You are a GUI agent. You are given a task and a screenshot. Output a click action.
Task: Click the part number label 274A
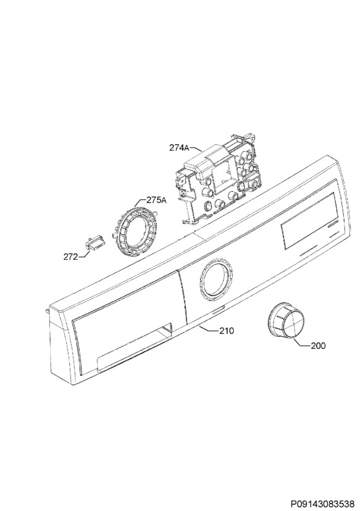click(179, 148)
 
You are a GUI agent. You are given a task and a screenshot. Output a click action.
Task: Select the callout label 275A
click(156, 200)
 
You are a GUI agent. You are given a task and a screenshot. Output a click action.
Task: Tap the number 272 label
click(71, 257)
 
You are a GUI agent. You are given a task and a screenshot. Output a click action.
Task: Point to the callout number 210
click(226, 331)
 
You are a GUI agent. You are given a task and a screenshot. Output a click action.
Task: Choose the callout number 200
click(317, 346)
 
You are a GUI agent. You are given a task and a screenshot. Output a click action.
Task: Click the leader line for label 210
click(208, 328)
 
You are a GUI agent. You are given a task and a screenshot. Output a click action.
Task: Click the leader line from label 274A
click(196, 149)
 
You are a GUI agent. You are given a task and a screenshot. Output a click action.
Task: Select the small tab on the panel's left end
click(49, 309)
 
